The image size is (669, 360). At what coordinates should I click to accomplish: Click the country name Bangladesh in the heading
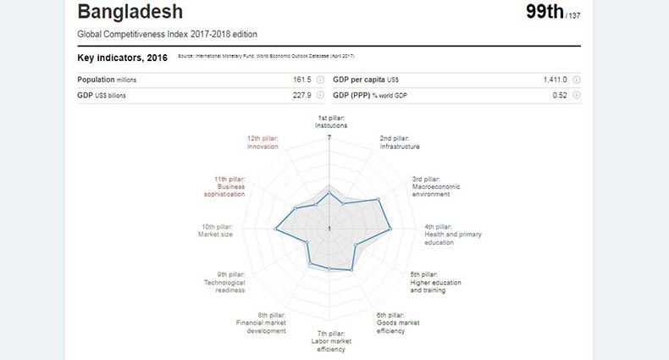[x=130, y=13]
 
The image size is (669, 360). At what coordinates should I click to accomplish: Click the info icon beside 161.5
[x=320, y=80]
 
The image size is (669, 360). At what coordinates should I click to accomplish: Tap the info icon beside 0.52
[x=576, y=95]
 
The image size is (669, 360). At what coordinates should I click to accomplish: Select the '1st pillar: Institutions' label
[x=330, y=122]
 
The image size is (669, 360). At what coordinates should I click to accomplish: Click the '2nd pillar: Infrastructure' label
[x=399, y=142]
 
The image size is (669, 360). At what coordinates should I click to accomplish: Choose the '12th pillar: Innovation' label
[x=263, y=142]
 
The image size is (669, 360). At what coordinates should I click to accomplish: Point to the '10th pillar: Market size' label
[x=217, y=230]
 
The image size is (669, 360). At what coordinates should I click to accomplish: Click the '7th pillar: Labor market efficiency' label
[x=330, y=341]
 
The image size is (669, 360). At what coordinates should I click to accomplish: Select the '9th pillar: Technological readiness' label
[x=224, y=282]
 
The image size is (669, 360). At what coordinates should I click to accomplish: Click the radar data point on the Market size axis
[x=276, y=230]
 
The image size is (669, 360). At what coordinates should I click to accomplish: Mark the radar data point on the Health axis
[x=390, y=230]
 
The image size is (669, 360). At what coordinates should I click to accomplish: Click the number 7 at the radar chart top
[x=329, y=138]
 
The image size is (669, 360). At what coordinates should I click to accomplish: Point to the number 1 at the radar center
[x=329, y=230]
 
